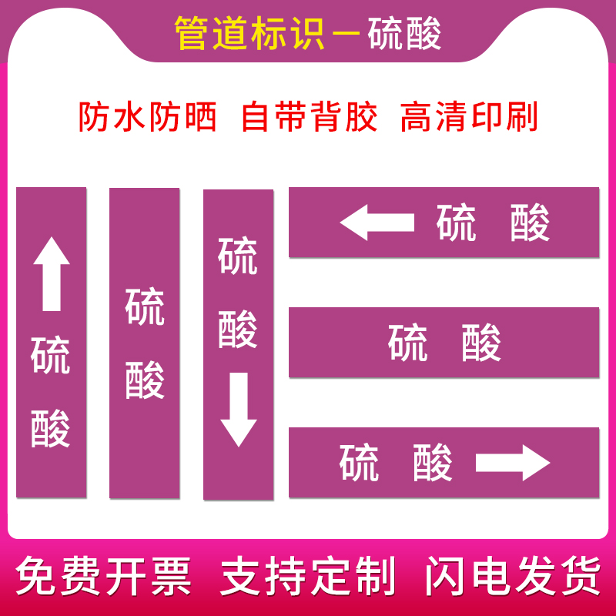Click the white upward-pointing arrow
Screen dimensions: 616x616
pyautogui.click(x=52, y=273)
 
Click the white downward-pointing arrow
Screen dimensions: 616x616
pyautogui.click(x=238, y=409)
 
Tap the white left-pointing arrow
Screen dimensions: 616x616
pyautogui.click(x=377, y=224)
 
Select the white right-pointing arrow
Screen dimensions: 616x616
pyautogui.click(x=513, y=463)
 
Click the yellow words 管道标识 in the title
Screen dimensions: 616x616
pyautogui.click(x=250, y=34)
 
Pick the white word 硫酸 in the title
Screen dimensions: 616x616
pyautogui.click(x=405, y=34)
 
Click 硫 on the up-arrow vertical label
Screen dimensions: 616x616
pyautogui.click(x=51, y=355)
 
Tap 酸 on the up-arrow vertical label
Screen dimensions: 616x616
pyautogui.click(x=51, y=428)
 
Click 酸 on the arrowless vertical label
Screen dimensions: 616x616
pyautogui.click(x=145, y=380)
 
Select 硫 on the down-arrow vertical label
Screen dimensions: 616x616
pyautogui.click(x=238, y=256)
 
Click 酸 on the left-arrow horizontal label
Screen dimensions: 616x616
pyautogui.click(x=530, y=224)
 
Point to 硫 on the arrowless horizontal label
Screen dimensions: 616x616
pyautogui.click(x=408, y=343)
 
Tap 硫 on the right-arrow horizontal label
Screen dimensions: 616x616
pyautogui.click(x=360, y=463)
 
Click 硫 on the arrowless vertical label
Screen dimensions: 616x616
pyautogui.click(x=145, y=307)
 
